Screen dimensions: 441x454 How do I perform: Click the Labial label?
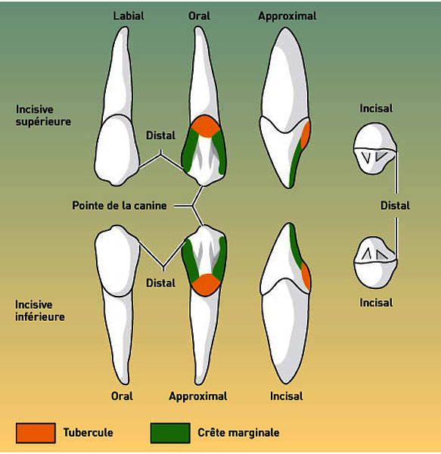pyautogui.click(x=129, y=16)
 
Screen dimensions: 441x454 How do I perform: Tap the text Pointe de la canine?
pyautogui.click(x=120, y=206)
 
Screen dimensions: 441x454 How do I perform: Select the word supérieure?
pyautogui.click(x=43, y=122)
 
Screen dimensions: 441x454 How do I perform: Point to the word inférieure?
pyautogui.click(x=40, y=317)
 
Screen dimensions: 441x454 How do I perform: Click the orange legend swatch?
pyautogui.click(x=36, y=433)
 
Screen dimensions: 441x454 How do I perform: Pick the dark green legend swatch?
pyautogui.click(x=170, y=433)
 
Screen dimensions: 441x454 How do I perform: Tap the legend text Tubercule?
pyautogui.click(x=89, y=433)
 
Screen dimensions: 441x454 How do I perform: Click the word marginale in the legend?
pyautogui.click(x=253, y=433)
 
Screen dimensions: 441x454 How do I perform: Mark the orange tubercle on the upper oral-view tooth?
pyautogui.click(x=205, y=126)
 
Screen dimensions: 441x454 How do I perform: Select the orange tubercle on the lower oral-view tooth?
pyautogui.click(x=206, y=285)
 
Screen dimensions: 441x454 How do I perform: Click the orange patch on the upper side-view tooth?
pyautogui.click(x=306, y=135)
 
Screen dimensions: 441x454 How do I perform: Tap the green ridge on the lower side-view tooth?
pyautogui.click(x=296, y=246)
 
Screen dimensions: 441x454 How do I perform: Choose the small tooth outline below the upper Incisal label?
pyautogui.click(x=374, y=148)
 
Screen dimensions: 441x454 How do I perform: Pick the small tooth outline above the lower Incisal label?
pyautogui.click(x=375, y=263)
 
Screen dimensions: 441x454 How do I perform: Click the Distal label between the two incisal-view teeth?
pyautogui.click(x=395, y=206)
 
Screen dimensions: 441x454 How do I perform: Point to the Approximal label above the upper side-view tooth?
pyautogui.click(x=287, y=16)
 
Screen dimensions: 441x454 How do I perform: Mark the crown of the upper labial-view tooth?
pyautogui.click(x=117, y=151)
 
